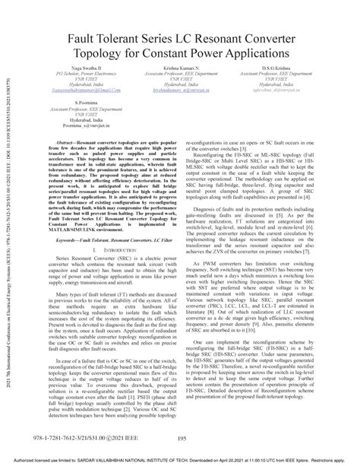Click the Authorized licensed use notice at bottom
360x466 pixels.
(180, 461)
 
